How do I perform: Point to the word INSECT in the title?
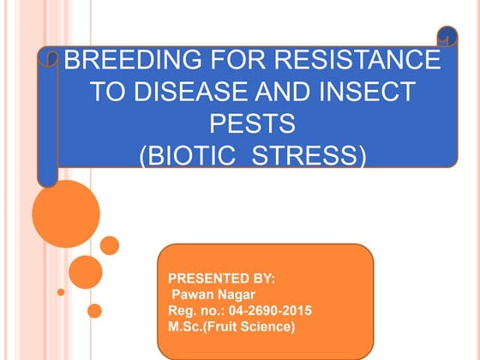pyautogui.click(x=362, y=93)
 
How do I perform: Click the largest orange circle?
pyautogui.click(x=66, y=213)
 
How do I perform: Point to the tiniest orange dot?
pyautogui.click(x=61, y=292)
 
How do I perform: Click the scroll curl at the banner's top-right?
pyautogui.click(x=447, y=37)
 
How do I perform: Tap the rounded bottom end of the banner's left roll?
pyautogui.click(x=48, y=177)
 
